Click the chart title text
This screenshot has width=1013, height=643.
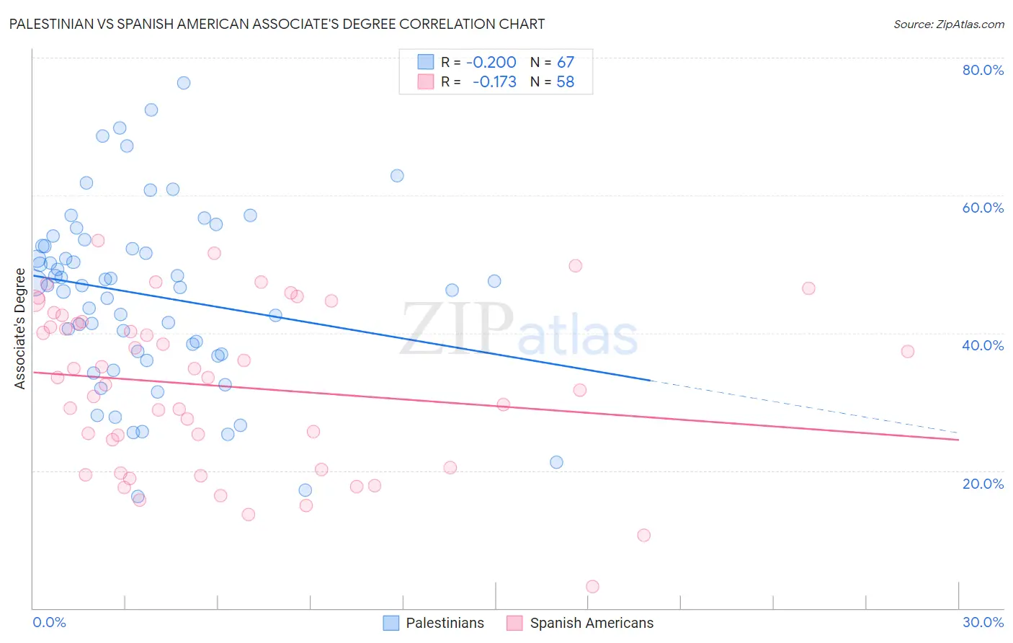click(x=277, y=24)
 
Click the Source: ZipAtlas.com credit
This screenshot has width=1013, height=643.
click(x=948, y=24)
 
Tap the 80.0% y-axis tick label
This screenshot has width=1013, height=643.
click(x=983, y=70)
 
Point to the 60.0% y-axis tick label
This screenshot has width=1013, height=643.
click(x=983, y=208)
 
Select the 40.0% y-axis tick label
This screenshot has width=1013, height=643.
click(x=983, y=345)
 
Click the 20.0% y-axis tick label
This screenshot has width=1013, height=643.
click(x=983, y=484)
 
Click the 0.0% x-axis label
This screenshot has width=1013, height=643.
click(x=49, y=622)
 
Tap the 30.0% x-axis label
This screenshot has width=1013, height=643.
click(x=983, y=622)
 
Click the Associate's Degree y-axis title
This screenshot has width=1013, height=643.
click(x=20, y=329)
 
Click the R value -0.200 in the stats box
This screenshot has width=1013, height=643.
click(x=491, y=62)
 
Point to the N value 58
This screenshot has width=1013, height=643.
click(x=566, y=81)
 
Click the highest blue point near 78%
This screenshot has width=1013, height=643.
click(x=184, y=83)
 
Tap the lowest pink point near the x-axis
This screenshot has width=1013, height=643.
click(x=592, y=586)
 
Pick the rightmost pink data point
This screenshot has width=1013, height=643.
click(x=907, y=351)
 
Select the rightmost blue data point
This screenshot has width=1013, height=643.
click(x=556, y=462)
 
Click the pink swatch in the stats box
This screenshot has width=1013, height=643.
click(x=426, y=81)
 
